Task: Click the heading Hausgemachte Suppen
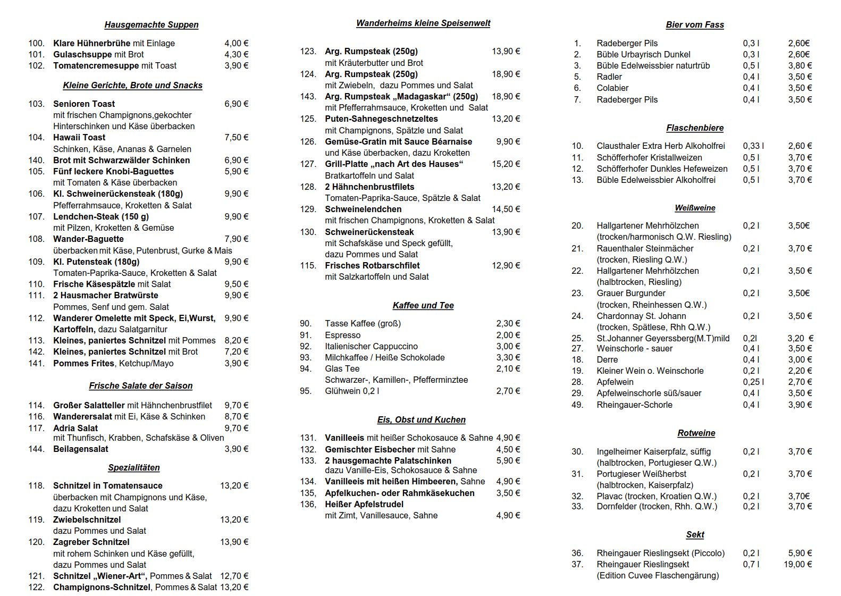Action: [152, 25]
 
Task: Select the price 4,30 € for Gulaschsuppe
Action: [236, 54]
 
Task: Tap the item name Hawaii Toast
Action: [79, 138]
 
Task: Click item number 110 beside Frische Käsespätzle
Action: [37, 284]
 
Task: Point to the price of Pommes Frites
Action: [236, 363]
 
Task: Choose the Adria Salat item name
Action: [75, 428]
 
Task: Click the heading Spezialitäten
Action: [134, 468]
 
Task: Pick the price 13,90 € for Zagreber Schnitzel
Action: [234, 542]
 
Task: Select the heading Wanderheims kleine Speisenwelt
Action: [423, 23]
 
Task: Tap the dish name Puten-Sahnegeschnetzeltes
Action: [381, 119]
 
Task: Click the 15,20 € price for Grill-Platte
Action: [506, 164]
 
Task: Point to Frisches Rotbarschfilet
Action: [372, 265]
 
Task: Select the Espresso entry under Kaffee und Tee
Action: [342, 335]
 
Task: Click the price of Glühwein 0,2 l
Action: [508, 391]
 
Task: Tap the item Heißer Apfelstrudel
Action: [364, 504]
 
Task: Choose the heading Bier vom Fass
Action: [695, 25]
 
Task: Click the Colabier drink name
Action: [612, 88]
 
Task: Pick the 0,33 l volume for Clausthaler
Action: [753, 146]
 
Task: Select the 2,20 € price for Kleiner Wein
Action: [800, 371]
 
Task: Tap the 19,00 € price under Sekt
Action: [797, 564]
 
